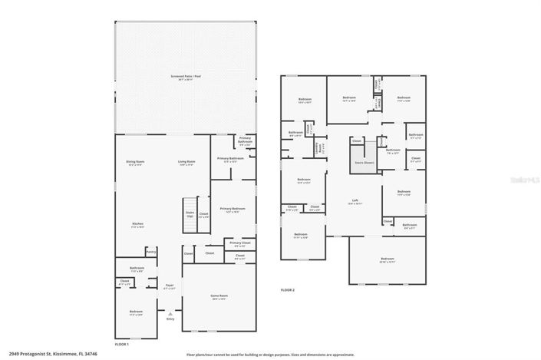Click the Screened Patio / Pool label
point(186,78)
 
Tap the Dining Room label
point(136,163)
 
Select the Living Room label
point(186,163)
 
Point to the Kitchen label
point(137,226)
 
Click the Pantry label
point(151,250)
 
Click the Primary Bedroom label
point(233,210)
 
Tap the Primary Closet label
point(236,245)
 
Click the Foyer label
point(170,287)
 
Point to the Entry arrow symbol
point(170,314)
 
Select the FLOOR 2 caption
point(288,290)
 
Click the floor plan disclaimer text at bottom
point(270,355)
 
